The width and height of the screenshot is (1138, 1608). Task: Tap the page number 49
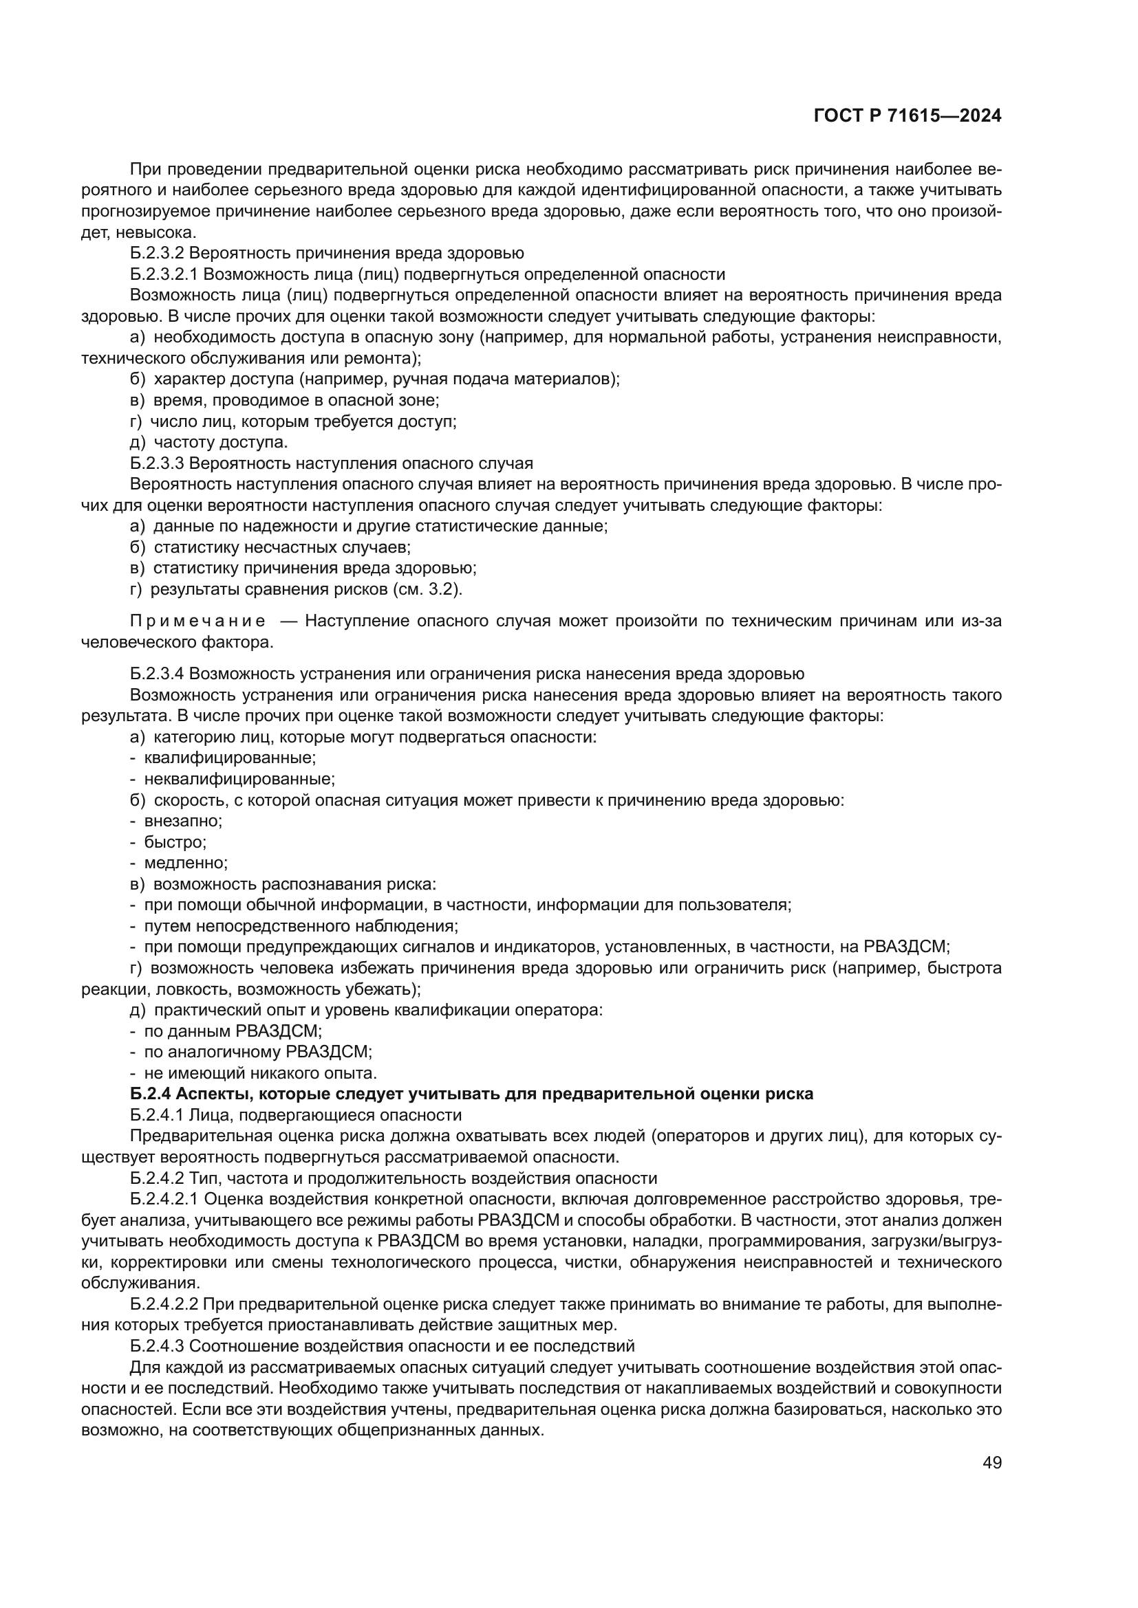point(991,1462)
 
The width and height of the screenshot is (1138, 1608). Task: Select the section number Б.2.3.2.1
point(164,274)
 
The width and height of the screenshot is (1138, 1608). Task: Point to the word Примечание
point(197,621)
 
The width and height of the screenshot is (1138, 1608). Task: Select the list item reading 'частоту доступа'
point(220,442)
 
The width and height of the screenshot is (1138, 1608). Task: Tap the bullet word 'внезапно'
point(183,820)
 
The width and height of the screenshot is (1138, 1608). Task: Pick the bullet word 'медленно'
point(186,862)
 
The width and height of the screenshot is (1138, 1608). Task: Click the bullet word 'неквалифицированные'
point(239,778)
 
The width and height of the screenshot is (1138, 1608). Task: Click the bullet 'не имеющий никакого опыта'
point(260,1073)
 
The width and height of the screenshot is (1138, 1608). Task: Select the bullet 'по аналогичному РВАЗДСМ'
point(257,1052)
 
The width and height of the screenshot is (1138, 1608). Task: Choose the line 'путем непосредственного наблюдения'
point(301,926)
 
